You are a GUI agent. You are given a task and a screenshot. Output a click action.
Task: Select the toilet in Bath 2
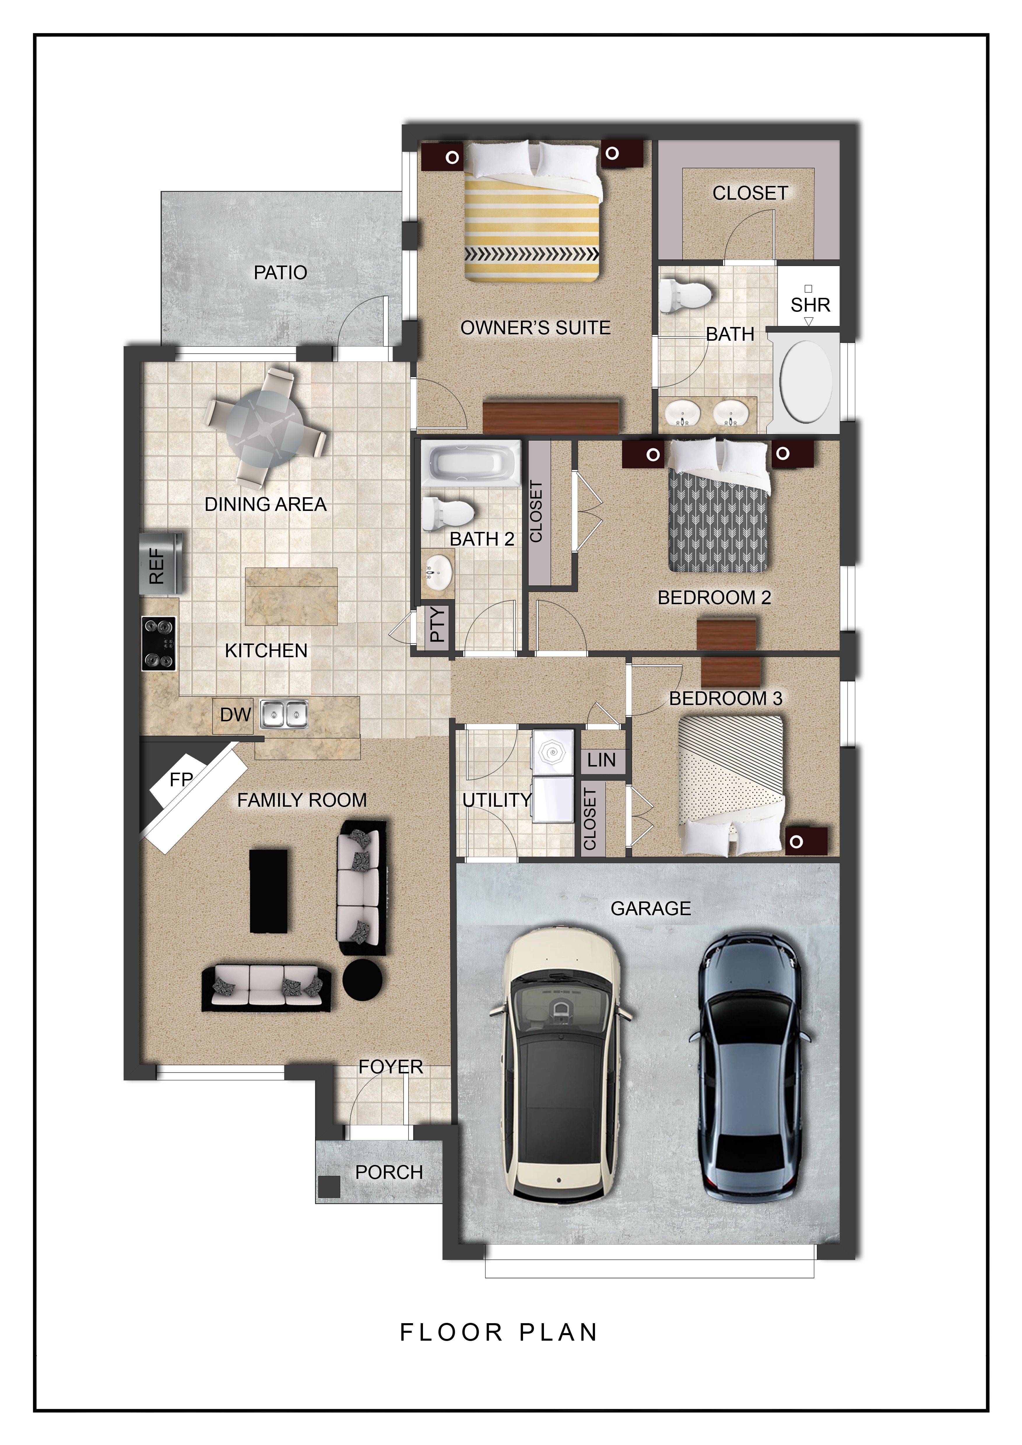coord(447,513)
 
